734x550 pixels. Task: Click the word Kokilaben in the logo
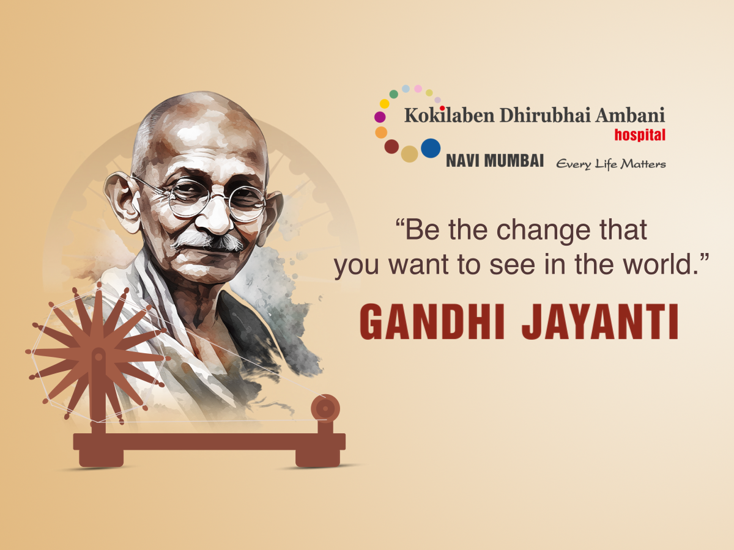450,116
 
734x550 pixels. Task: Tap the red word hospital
640,135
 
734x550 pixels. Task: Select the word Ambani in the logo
630,116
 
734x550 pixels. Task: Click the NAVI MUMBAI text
495,161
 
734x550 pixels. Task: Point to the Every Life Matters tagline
611,164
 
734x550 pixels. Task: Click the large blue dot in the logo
431,148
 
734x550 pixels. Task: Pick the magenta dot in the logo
380,117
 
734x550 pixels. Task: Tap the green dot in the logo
394,94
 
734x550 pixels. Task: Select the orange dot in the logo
381,133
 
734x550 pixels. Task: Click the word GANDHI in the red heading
432,322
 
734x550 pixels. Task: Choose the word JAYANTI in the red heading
600,322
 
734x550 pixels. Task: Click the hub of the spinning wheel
98,357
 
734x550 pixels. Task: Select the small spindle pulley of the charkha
325,408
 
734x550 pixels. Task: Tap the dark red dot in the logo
391,146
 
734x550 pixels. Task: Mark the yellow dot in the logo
385,104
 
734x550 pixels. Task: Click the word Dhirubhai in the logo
545,116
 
